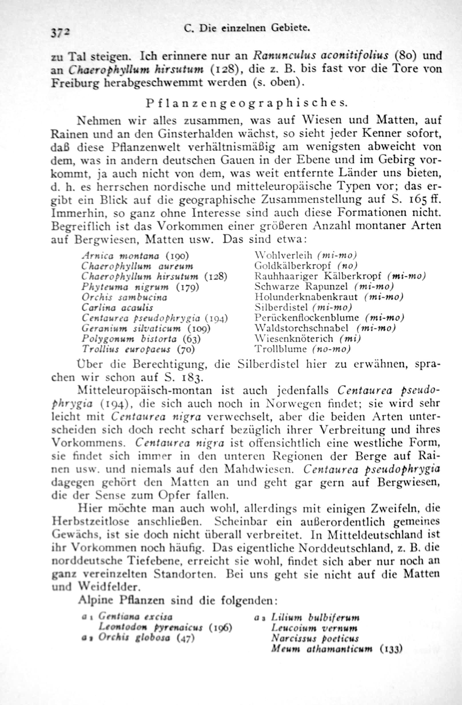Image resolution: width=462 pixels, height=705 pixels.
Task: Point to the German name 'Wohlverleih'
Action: (x=283, y=255)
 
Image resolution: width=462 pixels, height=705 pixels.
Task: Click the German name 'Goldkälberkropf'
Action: (x=292, y=266)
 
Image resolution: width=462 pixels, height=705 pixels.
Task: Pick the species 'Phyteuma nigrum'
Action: (x=125, y=287)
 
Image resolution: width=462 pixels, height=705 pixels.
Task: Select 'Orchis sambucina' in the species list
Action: (x=124, y=297)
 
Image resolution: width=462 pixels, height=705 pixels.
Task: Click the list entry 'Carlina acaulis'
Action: (x=118, y=308)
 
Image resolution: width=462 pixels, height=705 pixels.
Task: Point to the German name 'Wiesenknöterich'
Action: (x=294, y=338)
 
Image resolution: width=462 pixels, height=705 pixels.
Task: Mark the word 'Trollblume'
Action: (x=280, y=349)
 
